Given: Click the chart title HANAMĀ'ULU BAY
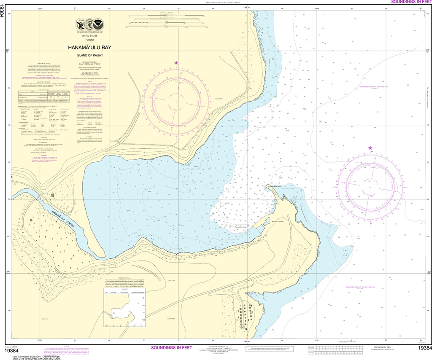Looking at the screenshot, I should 90,48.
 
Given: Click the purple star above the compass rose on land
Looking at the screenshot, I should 176,63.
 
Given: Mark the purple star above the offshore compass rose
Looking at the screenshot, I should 370,148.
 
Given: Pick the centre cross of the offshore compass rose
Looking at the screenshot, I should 370,186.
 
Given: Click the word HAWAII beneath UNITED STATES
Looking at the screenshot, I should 89,39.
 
